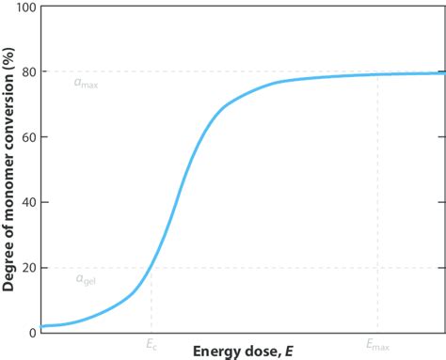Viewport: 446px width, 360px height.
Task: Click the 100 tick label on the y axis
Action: [x=24, y=8]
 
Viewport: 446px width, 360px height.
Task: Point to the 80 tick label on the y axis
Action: [x=28, y=72]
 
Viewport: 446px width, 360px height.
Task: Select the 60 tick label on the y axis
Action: [x=28, y=137]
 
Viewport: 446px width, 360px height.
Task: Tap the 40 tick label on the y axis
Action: [x=28, y=202]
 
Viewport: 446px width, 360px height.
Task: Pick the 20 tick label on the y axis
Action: [x=28, y=267]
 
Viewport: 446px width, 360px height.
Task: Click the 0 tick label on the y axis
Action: [x=32, y=332]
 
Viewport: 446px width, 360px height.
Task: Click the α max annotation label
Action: [x=86, y=83]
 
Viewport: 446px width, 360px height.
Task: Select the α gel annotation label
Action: [x=85, y=279]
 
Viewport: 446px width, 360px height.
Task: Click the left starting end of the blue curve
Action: [x=42, y=326]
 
